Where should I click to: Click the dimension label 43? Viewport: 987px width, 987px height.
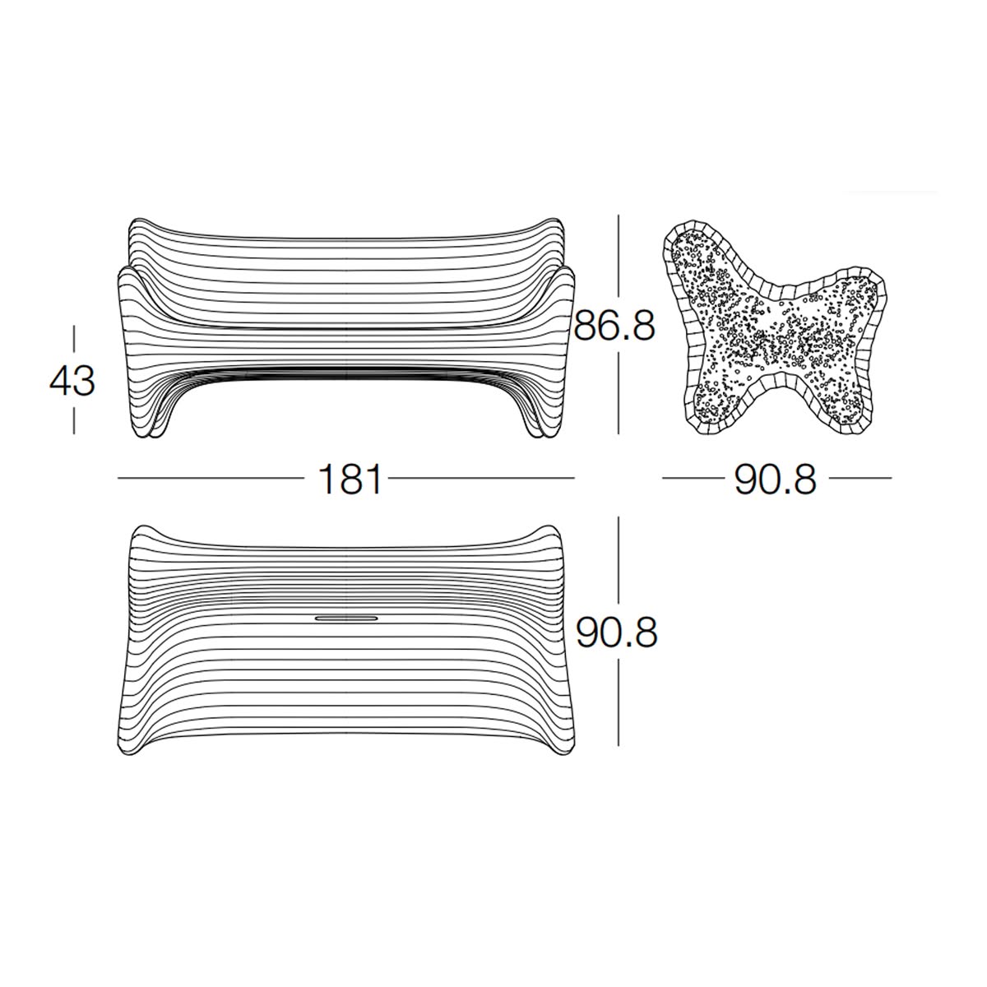(x=72, y=380)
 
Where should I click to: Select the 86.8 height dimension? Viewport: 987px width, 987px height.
(x=614, y=326)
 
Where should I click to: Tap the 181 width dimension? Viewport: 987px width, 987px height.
(x=350, y=479)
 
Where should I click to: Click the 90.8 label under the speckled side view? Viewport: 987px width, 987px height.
(x=776, y=480)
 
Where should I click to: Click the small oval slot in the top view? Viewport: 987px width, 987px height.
(x=347, y=619)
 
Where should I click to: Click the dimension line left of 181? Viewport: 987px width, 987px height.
(x=211, y=479)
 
